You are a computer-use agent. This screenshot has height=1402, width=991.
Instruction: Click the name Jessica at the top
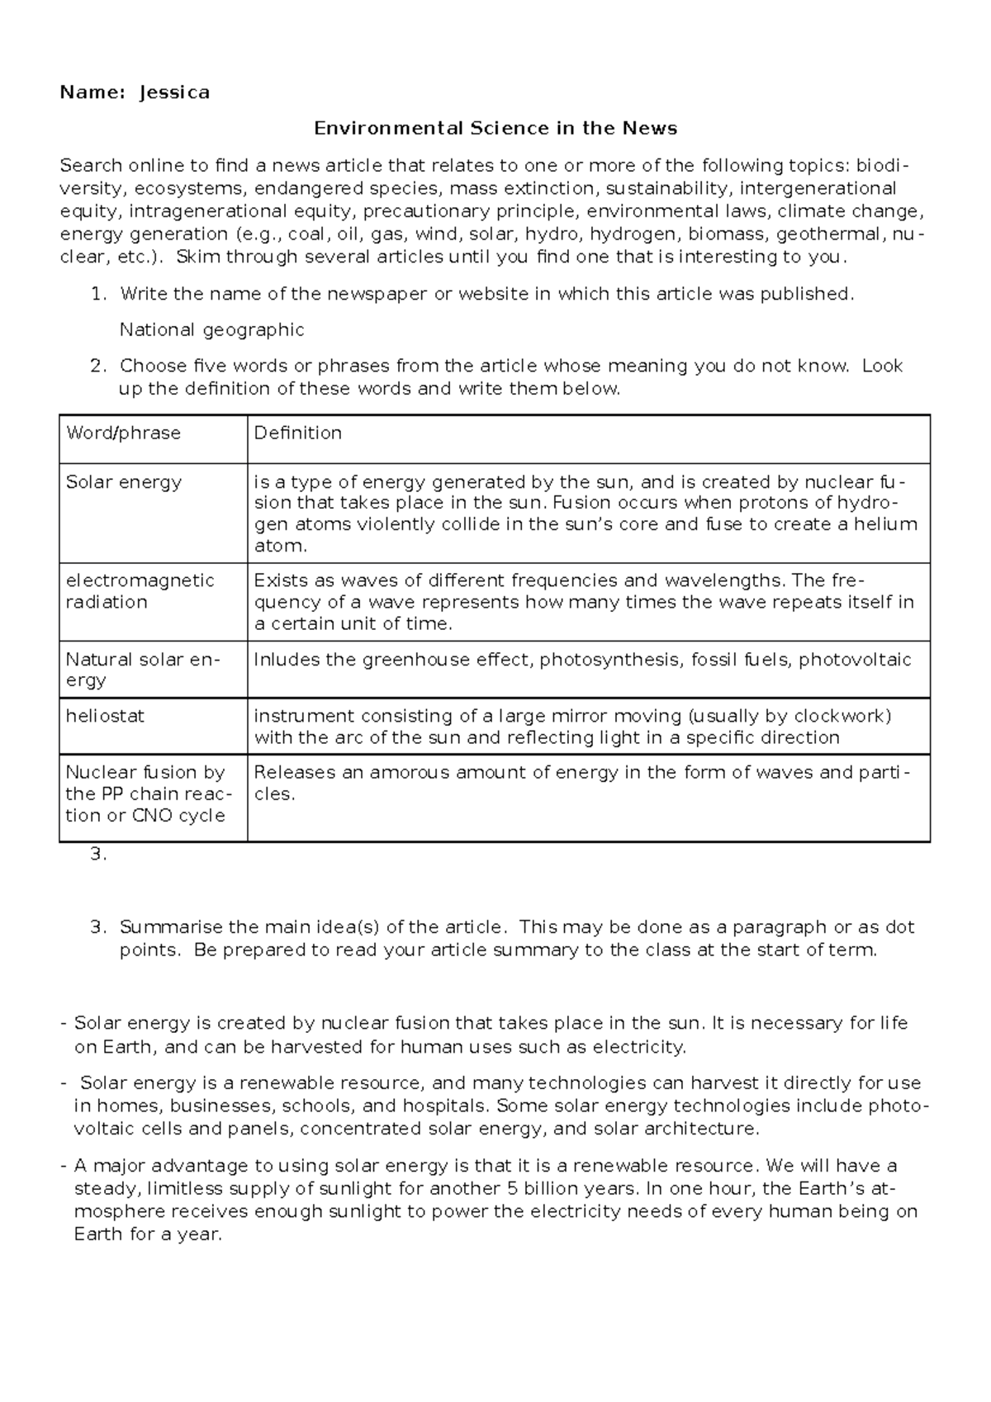pyautogui.click(x=174, y=92)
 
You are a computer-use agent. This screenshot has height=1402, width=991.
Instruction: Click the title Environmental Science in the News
pyautogui.click(x=495, y=128)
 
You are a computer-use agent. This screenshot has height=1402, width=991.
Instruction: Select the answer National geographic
pyautogui.click(x=211, y=330)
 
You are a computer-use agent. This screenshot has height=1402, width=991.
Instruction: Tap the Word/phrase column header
pyautogui.click(x=123, y=433)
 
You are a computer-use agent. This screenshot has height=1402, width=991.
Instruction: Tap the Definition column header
pyautogui.click(x=297, y=433)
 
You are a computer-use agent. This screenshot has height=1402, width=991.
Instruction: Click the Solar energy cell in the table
pyautogui.click(x=124, y=482)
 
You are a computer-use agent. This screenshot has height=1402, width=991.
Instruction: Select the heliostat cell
pyautogui.click(x=105, y=716)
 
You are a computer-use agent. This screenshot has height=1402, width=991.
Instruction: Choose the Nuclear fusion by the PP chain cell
pyautogui.click(x=145, y=793)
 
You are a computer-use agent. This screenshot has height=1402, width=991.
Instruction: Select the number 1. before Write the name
pyautogui.click(x=98, y=294)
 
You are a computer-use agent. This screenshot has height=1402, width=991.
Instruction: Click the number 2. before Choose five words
pyautogui.click(x=98, y=366)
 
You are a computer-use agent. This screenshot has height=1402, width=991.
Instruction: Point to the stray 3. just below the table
pyautogui.click(x=98, y=855)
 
